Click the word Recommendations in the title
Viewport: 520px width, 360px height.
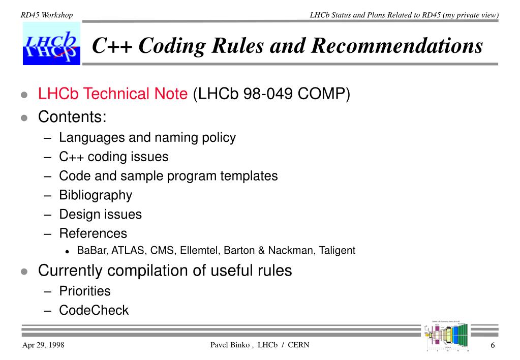pyautogui.click(x=396, y=46)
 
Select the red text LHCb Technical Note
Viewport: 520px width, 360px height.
pyautogui.click(x=113, y=94)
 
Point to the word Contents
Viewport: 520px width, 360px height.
pyautogui.click(x=72, y=117)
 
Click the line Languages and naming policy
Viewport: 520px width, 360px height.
pyautogui.click(x=147, y=137)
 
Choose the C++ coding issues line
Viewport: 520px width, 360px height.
pyautogui.click(x=113, y=157)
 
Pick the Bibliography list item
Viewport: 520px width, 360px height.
pyautogui.click(x=96, y=195)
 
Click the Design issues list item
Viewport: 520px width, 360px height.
pyautogui.click(x=100, y=215)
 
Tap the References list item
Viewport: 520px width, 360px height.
pyautogui.click(x=93, y=234)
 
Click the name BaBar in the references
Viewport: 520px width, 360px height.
pyautogui.click(x=90, y=251)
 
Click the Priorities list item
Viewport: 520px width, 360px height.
pyautogui.click(x=85, y=291)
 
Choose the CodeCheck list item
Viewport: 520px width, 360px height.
pyautogui.click(x=94, y=311)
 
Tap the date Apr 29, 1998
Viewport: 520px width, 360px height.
pyautogui.click(x=43, y=346)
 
